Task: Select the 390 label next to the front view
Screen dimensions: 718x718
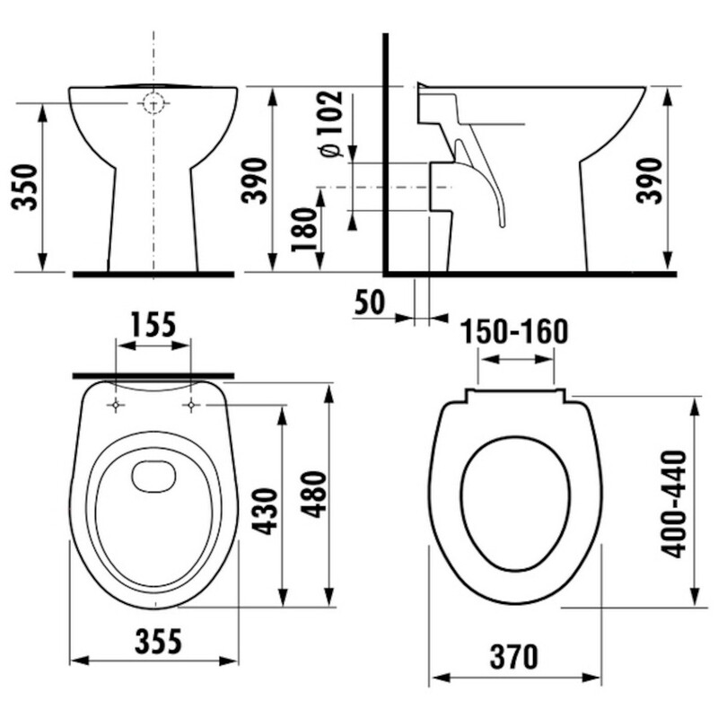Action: click(x=256, y=179)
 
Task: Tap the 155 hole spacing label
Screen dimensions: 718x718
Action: click(x=153, y=325)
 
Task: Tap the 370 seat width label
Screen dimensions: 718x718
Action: click(x=515, y=656)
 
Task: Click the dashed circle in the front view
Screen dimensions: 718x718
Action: click(x=154, y=104)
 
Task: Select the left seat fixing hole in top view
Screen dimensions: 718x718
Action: click(x=116, y=407)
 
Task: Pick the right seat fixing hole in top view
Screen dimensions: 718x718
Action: click(x=191, y=407)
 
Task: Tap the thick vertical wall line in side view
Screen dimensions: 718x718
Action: click(x=385, y=153)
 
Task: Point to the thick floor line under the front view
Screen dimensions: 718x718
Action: click(x=153, y=273)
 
